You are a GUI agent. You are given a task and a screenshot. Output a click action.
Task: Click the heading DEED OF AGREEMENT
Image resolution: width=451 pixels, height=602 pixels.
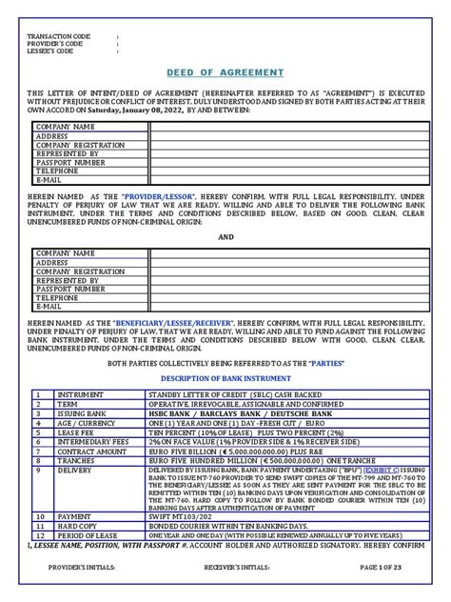click(225, 72)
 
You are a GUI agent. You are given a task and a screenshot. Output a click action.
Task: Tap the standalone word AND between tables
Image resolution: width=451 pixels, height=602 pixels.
click(225, 237)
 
